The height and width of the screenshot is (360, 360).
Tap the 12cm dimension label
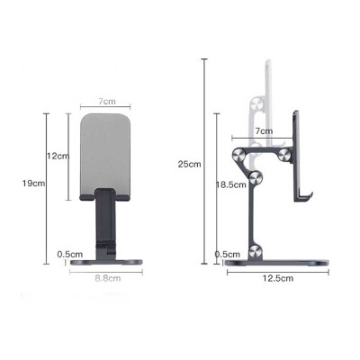pyautogui.click(x=58, y=156)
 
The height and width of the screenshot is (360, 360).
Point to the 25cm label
pyautogui.click(x=190, y=163)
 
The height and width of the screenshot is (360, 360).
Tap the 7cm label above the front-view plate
pyautogui.click(x=107, y=103)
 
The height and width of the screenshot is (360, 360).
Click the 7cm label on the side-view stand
pyautogui.click(x=264, y=131)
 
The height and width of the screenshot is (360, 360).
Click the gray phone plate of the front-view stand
pyautogui.click(x=107, y=148)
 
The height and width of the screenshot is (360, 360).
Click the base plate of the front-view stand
pyautogui.click(x=106, y=262)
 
